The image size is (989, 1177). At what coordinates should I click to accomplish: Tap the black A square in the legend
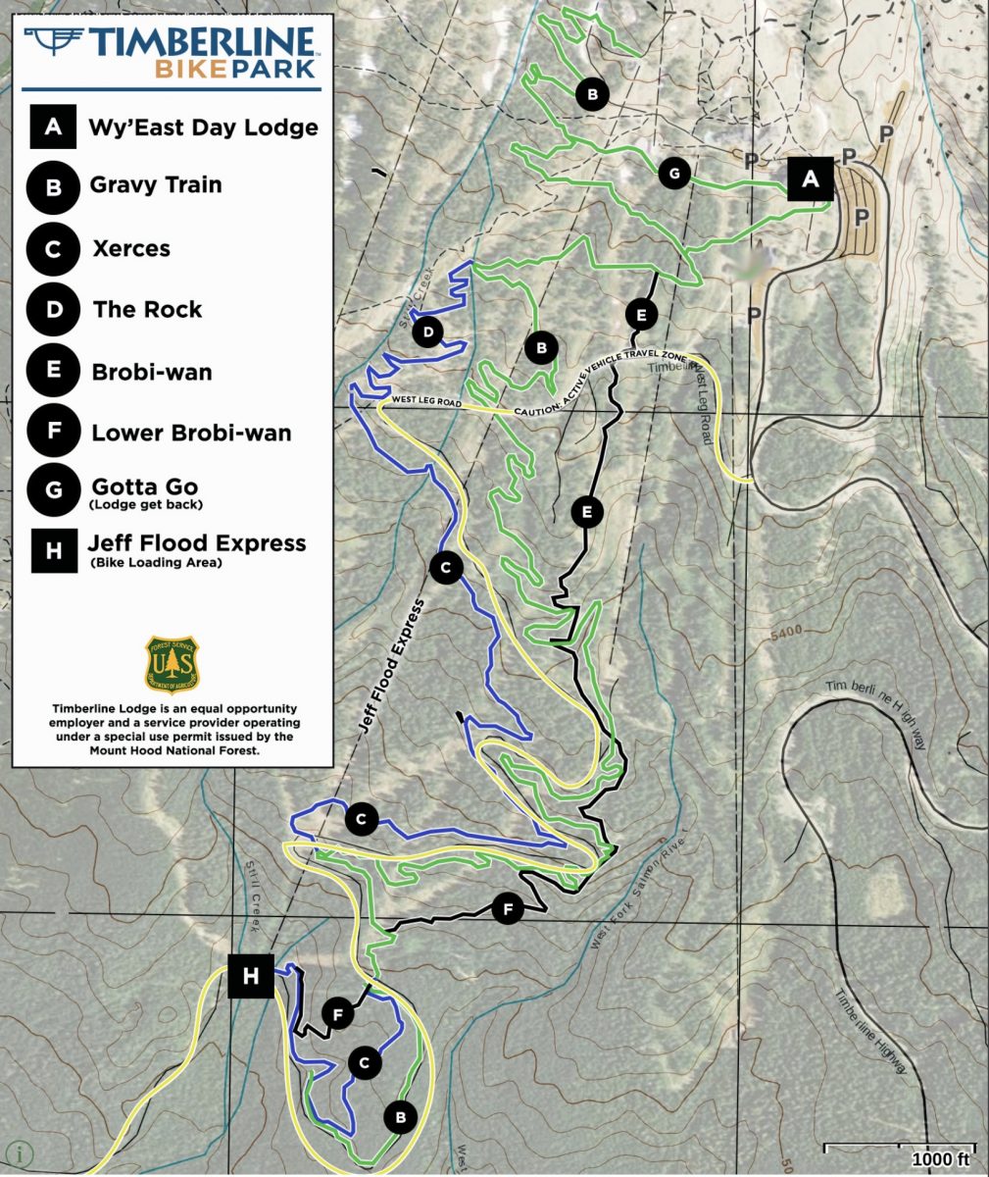click(53, 128)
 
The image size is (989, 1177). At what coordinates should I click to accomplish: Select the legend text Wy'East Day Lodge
click(203, 128)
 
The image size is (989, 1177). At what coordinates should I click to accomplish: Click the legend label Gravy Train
click(155, 184)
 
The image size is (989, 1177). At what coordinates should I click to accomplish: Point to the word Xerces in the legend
click(130, 248)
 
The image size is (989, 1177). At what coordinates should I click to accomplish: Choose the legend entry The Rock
click(147, 310)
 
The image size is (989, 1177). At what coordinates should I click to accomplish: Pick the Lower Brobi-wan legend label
click(190, 433)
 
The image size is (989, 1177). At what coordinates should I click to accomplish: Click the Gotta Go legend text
click(144, 486)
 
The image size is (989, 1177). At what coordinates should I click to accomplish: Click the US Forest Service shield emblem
click(173, 663)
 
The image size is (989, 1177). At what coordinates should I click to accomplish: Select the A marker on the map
click(810, 179)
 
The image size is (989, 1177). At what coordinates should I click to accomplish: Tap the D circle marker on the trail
click(427, 333)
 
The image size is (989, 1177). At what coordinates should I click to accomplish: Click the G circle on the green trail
click(673, 174)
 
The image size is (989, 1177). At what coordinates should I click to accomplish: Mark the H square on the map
click(251, 976)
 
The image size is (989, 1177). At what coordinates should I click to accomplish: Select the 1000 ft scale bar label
click(940, 1158)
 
